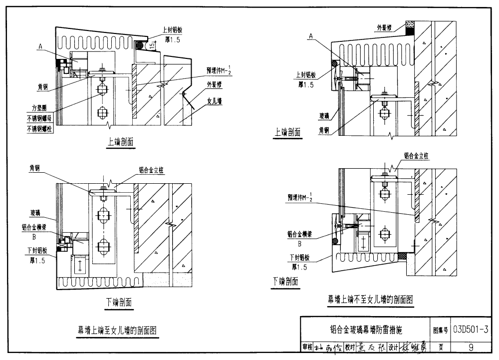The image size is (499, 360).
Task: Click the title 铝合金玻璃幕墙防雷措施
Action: pos(366,330)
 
